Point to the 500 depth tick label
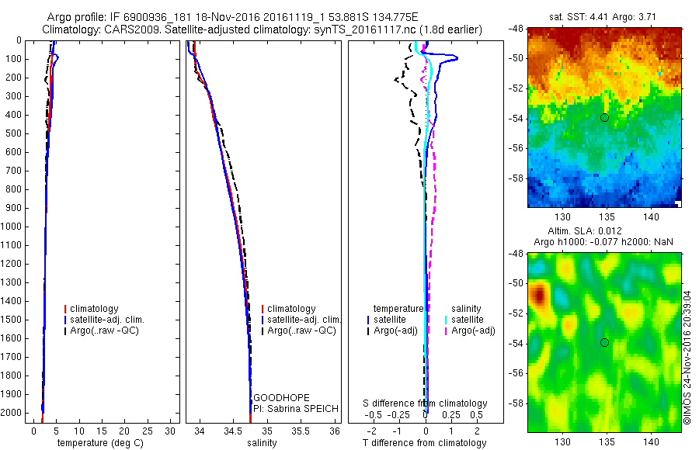tap(14, 133)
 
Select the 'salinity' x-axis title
tap(261, 443)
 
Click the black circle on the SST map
tap(604, 117)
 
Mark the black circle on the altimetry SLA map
tap(604, 343)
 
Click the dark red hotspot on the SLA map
tap(537, 296)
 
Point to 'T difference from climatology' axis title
tap(424, 443)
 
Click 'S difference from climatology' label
tap(426, 403)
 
